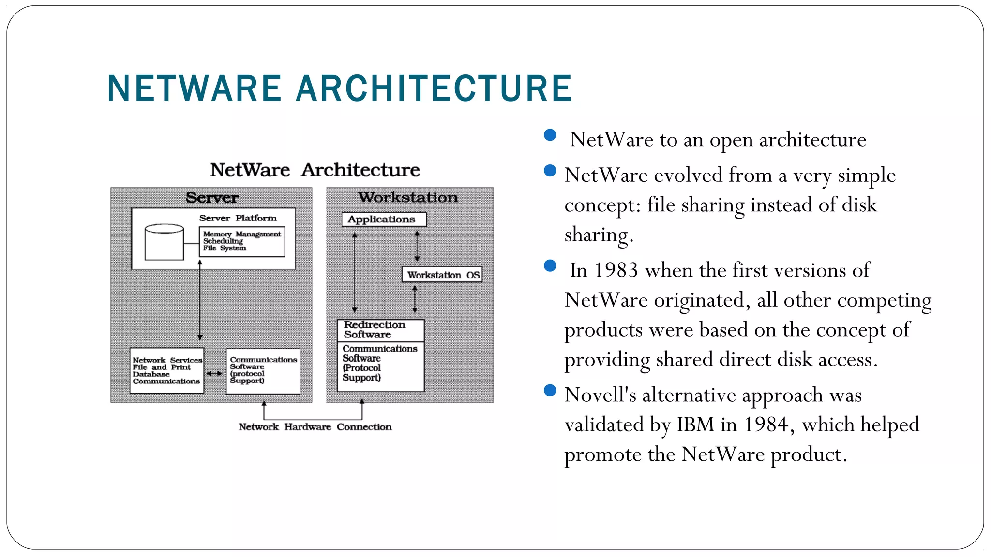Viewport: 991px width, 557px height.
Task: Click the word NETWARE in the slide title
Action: (194, 88)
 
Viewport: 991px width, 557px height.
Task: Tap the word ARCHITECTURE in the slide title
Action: (434, 88)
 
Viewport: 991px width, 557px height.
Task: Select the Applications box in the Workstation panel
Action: (384, 220)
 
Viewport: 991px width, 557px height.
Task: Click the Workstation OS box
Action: (442, 275)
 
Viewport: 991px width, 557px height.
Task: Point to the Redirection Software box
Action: (380, 330)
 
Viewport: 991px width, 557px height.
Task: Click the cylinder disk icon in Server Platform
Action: (165, 242)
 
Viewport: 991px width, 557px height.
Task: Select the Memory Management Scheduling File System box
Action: (242, 241)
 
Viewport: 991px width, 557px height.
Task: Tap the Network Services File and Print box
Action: (167, 370)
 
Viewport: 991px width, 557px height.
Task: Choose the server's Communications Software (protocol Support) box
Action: (263, 371)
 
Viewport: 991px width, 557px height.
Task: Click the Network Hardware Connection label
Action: (315, 427)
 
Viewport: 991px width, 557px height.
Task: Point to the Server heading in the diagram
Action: (212, 198)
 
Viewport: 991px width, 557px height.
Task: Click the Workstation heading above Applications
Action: (408, 197)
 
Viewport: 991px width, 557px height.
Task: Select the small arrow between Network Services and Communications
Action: (215, 373)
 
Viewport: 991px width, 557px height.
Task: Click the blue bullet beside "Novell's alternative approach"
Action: (550, 390)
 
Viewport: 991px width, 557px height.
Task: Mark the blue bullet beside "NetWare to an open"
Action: (550, 135)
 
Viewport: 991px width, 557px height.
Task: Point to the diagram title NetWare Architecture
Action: (315, 170)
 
